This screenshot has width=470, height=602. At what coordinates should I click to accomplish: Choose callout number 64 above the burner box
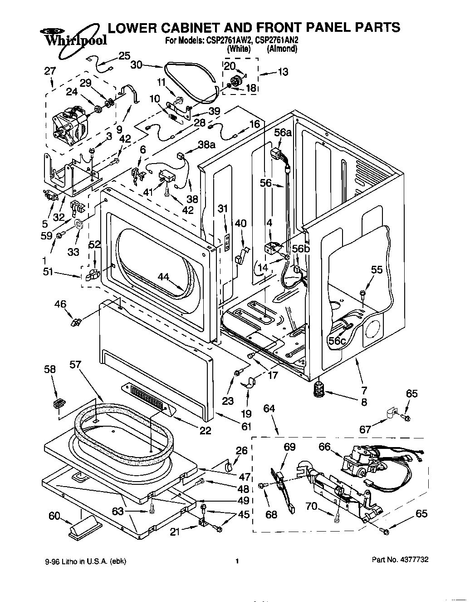[269, 408]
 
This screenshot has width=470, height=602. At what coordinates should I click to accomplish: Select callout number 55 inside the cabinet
[377, 269]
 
